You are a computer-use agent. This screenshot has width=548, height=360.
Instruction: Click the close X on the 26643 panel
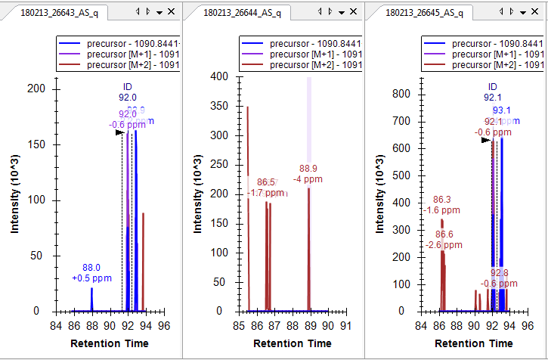coord(172,12)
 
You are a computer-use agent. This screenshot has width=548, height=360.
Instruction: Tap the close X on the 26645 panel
coord(536,12)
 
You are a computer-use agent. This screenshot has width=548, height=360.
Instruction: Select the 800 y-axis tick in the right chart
coord(401,94)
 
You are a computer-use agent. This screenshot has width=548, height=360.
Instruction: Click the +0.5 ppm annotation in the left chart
coord(91,278)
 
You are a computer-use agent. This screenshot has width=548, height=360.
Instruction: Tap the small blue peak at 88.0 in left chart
coord(92,299)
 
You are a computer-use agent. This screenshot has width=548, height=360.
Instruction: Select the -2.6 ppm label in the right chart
coord(444,245)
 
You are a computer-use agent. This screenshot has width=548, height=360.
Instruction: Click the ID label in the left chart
coord(127,87)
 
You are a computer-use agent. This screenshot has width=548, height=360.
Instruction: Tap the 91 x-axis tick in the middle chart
coord(345,327)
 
